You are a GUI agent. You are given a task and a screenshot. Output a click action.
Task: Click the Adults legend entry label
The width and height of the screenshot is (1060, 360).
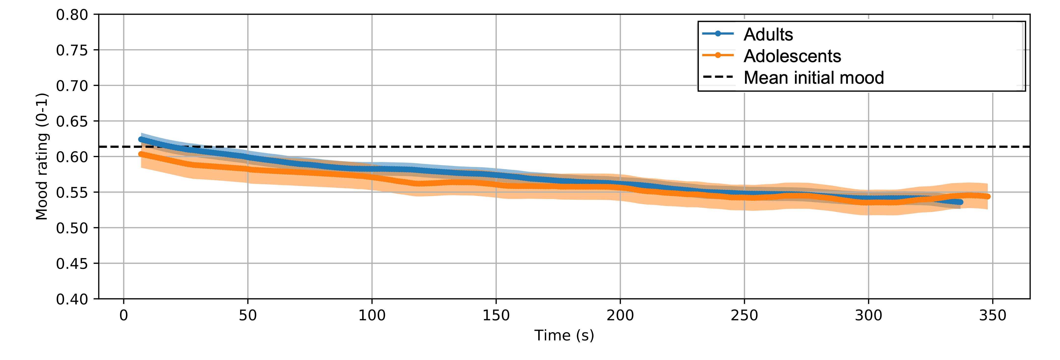coord(768,35)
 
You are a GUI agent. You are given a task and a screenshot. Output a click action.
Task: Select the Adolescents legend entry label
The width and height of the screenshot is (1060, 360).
coord(792,56)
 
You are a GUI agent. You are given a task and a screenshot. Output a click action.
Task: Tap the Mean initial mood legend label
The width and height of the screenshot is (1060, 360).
coord(813,78)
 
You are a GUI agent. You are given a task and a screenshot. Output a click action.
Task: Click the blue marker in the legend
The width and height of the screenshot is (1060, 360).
coord(718,34)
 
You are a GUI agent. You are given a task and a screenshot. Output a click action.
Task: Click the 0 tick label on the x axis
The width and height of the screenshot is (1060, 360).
coord(124,316)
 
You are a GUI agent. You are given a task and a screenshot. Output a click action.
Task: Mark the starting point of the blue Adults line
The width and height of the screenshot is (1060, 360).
coord(141,139)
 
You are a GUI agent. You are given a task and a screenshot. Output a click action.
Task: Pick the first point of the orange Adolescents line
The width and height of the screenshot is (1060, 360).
coord(141,154)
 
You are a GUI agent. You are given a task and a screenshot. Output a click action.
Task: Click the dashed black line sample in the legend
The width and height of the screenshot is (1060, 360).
coord(718,77)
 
